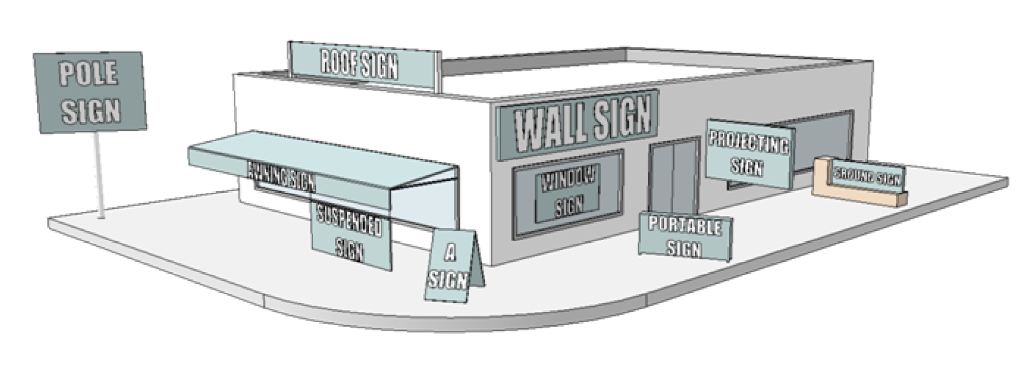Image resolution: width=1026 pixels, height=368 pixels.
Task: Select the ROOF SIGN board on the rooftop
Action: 360,65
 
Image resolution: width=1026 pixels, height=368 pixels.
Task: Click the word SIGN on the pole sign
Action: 91,110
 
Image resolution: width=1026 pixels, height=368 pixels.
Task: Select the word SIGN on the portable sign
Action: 684,248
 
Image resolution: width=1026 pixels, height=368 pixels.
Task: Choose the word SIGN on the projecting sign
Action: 746,166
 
